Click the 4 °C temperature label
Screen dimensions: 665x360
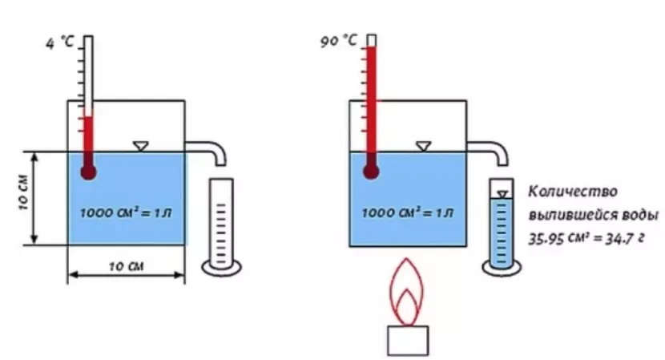60,42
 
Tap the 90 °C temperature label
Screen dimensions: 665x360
338,41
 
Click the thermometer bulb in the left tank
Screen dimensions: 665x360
88,172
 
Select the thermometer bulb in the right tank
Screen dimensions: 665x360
371,172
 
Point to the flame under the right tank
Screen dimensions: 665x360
406,291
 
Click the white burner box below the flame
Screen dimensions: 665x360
408,341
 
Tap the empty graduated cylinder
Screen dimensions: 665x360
221,228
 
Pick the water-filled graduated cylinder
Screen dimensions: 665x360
502,228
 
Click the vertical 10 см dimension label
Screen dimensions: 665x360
23,192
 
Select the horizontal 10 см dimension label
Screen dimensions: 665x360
127,267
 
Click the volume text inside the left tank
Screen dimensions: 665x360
126,212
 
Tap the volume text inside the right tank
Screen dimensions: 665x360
408,212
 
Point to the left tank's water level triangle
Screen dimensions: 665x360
140,147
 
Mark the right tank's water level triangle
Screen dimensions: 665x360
423,147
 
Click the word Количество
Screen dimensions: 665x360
573,192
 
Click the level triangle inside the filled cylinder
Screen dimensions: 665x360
502,195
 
